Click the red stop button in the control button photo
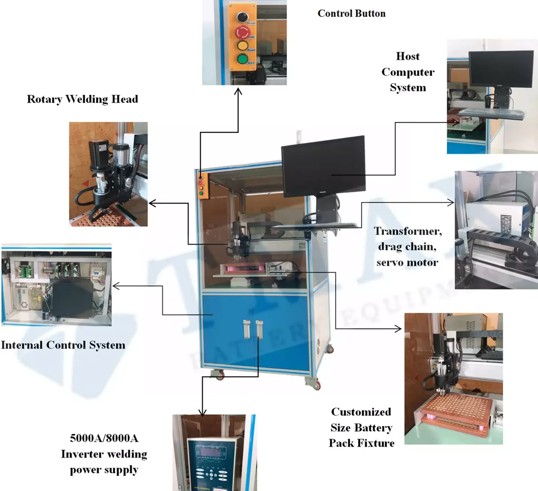pyautogui.click(x=243, y=32)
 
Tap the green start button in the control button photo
pyautogui.click(x=242, y=59)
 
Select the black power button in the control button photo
pyautogui.click(x=242, y=17)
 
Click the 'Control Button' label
pyautogui.click(x=352, y=14)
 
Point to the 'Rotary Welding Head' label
pyautogui.click(x=82, y=99)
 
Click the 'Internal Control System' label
pyautogui.click(x=63, y=345)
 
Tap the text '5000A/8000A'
pyautogui.click(x=104, y=438)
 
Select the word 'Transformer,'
pyautogui.click(x=408, y=231)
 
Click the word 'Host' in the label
pyautogui.click(x=408, y=56)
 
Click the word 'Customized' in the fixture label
pyautogui.click(x=361, y=412)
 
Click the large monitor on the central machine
pyautogui.click(x=324, y=165)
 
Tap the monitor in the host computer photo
pyautogui.click(x=501, y=68)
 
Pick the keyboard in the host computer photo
pyautogui.click(x=493, y=112)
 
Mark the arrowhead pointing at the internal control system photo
pyautogui.click(x=115, y=286)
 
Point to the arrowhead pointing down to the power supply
pyautogui.click(x=202, y=413)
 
